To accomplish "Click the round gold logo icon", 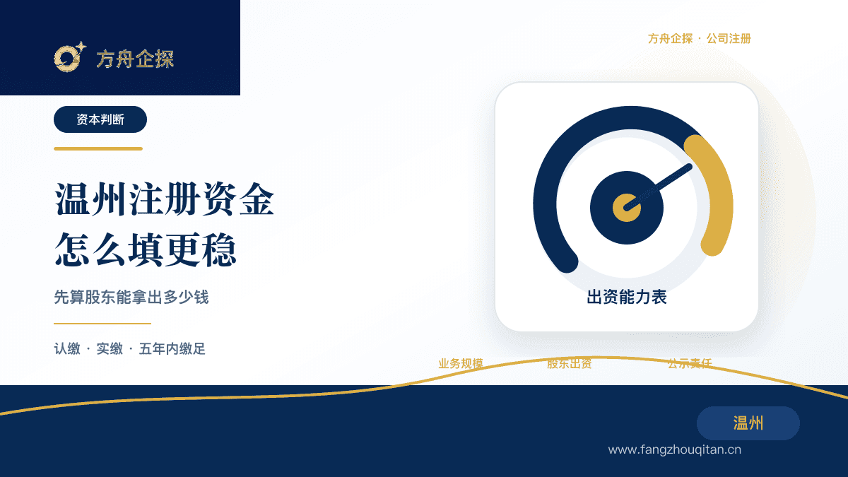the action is coord(70,57).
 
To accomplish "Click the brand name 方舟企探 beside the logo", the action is coord(135,59).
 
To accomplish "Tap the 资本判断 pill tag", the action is coord(100,119).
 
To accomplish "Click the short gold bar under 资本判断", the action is coord(98,149).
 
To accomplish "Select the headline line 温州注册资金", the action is coord(164,199).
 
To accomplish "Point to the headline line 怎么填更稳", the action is coord(146,249).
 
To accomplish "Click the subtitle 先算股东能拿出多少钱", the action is coord(131,298).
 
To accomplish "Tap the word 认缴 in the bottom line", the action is coord(67,348).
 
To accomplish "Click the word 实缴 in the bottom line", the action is coord(110,348).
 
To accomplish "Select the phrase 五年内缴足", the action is coord(172,348).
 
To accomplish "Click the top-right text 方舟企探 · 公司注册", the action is coord(700,39).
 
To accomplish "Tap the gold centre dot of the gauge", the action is coord(627,208).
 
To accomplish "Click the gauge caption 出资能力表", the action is coord(627,298).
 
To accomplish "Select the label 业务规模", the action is coord(461,364).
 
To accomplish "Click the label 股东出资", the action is coord(570,364).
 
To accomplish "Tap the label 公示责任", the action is coord(690,364).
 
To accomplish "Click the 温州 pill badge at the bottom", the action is coord(748,423).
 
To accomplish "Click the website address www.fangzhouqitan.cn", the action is coord(675,449).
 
